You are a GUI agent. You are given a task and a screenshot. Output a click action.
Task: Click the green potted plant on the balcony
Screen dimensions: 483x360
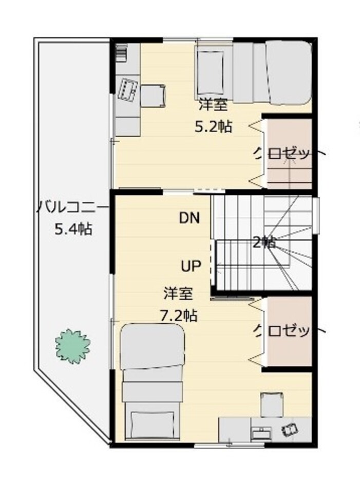(73, 345)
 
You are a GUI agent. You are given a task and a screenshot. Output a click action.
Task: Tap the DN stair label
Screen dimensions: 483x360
(189, 218)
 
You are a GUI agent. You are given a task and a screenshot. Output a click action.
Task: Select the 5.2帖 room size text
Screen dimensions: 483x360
(213, 126)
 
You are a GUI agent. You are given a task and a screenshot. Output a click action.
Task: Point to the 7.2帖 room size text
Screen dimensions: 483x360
(179, 315)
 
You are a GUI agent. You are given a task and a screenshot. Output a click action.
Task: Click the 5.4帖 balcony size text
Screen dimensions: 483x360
(73, 230)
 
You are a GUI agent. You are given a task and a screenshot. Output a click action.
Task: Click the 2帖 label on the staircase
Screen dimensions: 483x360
(264, 242)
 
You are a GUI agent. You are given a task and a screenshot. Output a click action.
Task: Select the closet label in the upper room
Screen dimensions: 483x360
(282, 153)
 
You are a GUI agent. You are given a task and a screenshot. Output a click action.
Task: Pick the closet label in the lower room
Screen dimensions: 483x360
(282, 330)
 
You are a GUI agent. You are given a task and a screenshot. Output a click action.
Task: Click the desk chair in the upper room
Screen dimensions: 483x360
(153, 95)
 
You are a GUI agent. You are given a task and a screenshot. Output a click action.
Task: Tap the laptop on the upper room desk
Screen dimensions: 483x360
(128, 90)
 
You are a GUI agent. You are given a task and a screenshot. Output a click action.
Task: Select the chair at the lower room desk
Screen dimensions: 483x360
(271, 403)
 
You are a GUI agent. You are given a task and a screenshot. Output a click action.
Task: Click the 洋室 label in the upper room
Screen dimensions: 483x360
(213, 106)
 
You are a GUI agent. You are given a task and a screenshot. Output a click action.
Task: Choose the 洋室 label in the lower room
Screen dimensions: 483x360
(178, 294)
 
